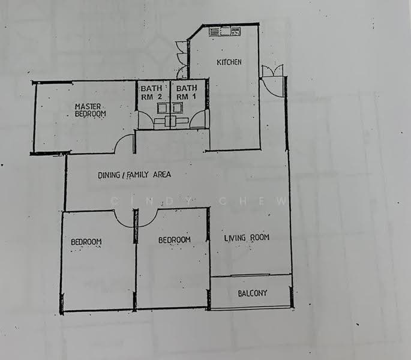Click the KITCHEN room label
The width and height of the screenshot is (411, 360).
click(229, 62)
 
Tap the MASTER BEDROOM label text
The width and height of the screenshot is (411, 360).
click(91, 110)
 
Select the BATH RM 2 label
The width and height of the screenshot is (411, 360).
click(152, 92)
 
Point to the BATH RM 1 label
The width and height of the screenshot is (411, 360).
click(187, 92)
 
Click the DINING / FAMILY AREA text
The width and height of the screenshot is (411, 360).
click(134, 175)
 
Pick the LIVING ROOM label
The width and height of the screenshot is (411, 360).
click(247, 238)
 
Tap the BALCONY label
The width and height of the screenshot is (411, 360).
click(253, 293)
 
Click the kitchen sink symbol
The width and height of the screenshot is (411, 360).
click(224, 31)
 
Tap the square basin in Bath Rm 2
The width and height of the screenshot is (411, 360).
click(162, 108)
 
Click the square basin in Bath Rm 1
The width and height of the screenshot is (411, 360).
click(178, 108)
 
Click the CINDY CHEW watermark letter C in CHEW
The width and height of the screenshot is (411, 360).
click(223, 202)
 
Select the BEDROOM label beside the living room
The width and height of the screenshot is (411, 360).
click(175, 240)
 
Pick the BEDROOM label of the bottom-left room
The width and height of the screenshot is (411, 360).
click(86, 242)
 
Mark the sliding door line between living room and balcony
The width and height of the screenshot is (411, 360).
click(251, 275)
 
